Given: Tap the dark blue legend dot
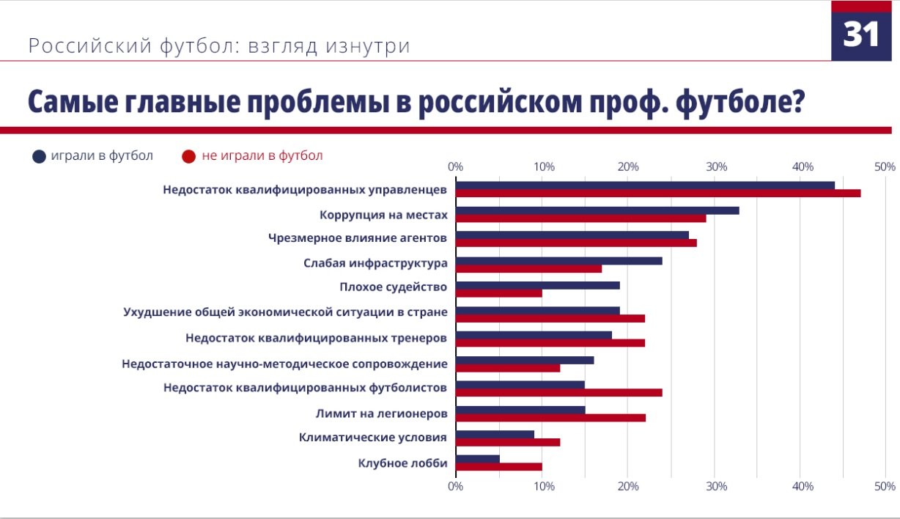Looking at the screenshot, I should (40, 156).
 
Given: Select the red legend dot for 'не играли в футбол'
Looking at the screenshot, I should (189, 156).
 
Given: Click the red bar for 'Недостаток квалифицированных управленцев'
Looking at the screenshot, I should (657, 194).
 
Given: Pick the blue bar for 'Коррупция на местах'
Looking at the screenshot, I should (597, 210).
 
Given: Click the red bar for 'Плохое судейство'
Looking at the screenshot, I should (498, 293).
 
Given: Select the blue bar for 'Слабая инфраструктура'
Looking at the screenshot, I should (558, 260).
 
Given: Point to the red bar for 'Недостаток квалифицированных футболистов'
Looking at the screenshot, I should (558, 392).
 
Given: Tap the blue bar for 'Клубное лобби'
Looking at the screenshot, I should (477, 459).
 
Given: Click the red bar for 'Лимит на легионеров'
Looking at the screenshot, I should (550, 418).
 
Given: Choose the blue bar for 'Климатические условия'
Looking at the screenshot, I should (495, 434).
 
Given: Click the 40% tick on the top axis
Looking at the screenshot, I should (803, 167).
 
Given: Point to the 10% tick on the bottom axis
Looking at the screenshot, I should (542, 486).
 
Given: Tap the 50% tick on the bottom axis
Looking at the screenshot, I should (885, 486).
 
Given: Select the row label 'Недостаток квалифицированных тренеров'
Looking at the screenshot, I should (316, 339).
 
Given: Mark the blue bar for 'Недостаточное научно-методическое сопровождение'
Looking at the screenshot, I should (524, 360).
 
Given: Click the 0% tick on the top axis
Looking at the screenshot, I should (455, 167).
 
